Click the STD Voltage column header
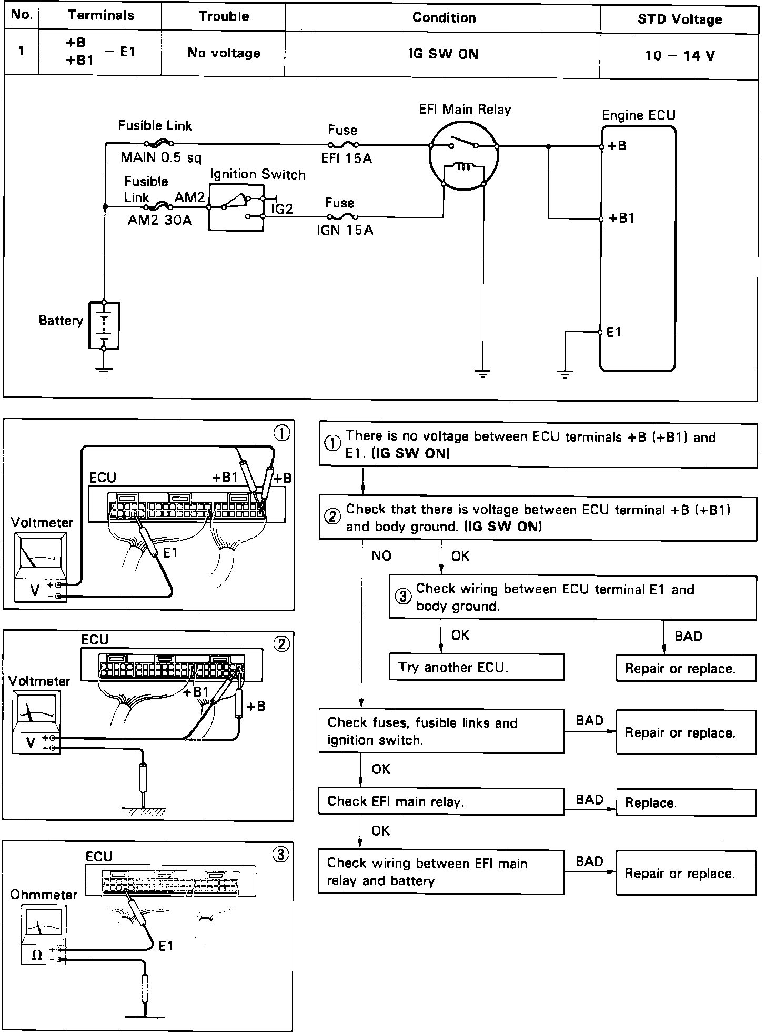coord(679,19)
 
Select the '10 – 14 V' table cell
coord(679,55)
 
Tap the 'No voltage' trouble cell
coord(224,53)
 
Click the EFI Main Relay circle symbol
coord(463,158)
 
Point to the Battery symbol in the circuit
coord(104,325)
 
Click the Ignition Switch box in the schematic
coord(236,206)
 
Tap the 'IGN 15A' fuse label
coord(345,231)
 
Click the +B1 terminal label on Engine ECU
coord(621,219)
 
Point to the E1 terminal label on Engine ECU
coord(614,332)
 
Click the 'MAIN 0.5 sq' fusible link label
coord(160,157)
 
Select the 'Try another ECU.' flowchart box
coord(476,667)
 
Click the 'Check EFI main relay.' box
coord(441,801)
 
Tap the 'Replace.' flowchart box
coord(686,802)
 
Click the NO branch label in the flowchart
coord(381,556)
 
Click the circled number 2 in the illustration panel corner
coord(281,644)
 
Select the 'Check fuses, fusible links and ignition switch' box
coord(441,731)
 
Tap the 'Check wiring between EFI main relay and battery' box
coord(440,871)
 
